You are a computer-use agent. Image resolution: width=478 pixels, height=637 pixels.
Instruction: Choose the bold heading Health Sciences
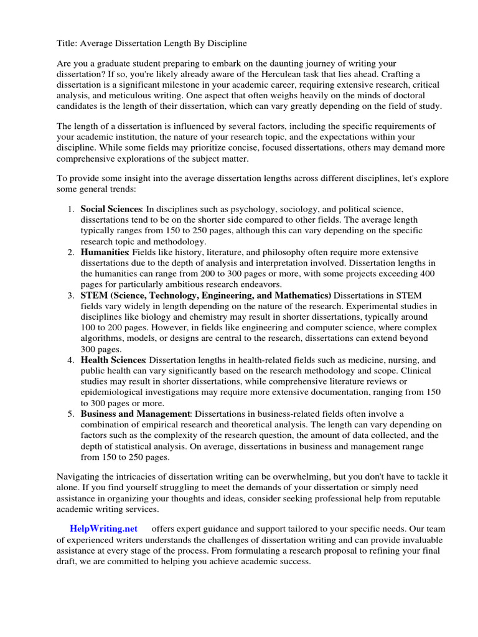113,360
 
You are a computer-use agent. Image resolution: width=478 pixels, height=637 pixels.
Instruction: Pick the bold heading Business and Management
135,414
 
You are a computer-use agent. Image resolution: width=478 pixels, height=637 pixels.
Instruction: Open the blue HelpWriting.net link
104,528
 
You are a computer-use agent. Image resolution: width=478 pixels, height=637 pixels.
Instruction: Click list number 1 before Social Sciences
70,209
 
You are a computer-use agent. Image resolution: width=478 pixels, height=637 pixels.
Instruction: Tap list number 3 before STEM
70,295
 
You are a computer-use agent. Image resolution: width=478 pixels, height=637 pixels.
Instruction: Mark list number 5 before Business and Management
70,414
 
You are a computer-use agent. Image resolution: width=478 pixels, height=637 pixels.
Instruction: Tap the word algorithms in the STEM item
103,338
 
